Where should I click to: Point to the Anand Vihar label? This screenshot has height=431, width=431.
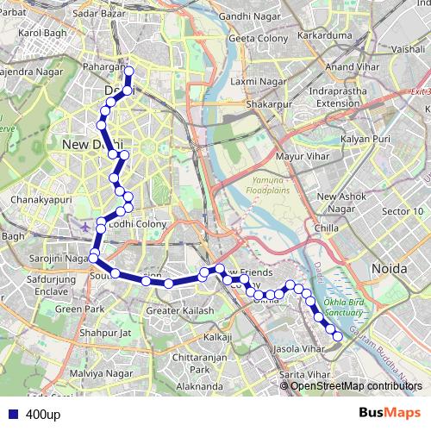353,66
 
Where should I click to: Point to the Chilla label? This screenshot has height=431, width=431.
327,228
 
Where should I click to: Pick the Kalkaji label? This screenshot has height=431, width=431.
218,336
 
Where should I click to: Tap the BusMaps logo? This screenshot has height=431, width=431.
390,414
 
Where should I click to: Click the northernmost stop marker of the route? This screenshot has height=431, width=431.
128,72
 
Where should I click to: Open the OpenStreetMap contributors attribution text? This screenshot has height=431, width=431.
356,386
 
